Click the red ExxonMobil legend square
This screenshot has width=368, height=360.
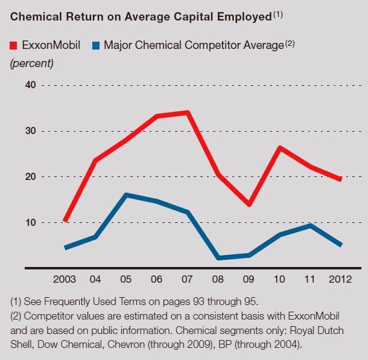(14, 45)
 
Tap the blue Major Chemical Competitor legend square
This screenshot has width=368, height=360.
(95, 45)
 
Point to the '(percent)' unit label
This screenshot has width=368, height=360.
(31, 63)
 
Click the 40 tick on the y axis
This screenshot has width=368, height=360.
(31, 85)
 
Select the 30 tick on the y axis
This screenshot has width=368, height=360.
(31, 131)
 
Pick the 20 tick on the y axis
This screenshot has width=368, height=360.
(31, 177)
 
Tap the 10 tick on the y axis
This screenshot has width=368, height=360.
(31, 222)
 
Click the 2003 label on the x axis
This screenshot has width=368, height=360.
(65, 280)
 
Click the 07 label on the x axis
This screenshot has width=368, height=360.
(188, 280)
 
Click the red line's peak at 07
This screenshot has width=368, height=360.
(188, 112)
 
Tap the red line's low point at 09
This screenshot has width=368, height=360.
(249, 205)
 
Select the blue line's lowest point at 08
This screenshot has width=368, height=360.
(218, 258)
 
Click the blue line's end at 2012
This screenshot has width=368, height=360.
(341, 245)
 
